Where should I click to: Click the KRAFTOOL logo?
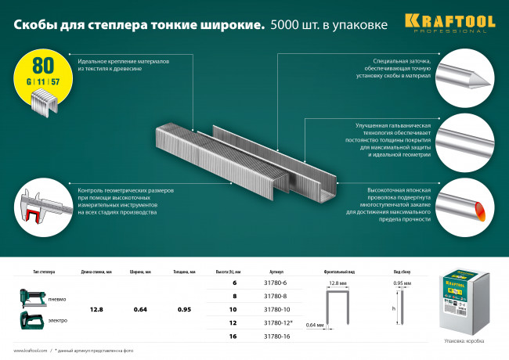point(460,21)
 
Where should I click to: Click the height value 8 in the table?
point(233,297)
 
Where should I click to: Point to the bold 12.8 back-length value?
point(96,309)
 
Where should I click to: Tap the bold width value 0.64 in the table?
point(142,309)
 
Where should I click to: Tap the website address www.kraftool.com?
point(30,351)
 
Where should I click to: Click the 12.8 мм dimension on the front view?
point(338,283)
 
